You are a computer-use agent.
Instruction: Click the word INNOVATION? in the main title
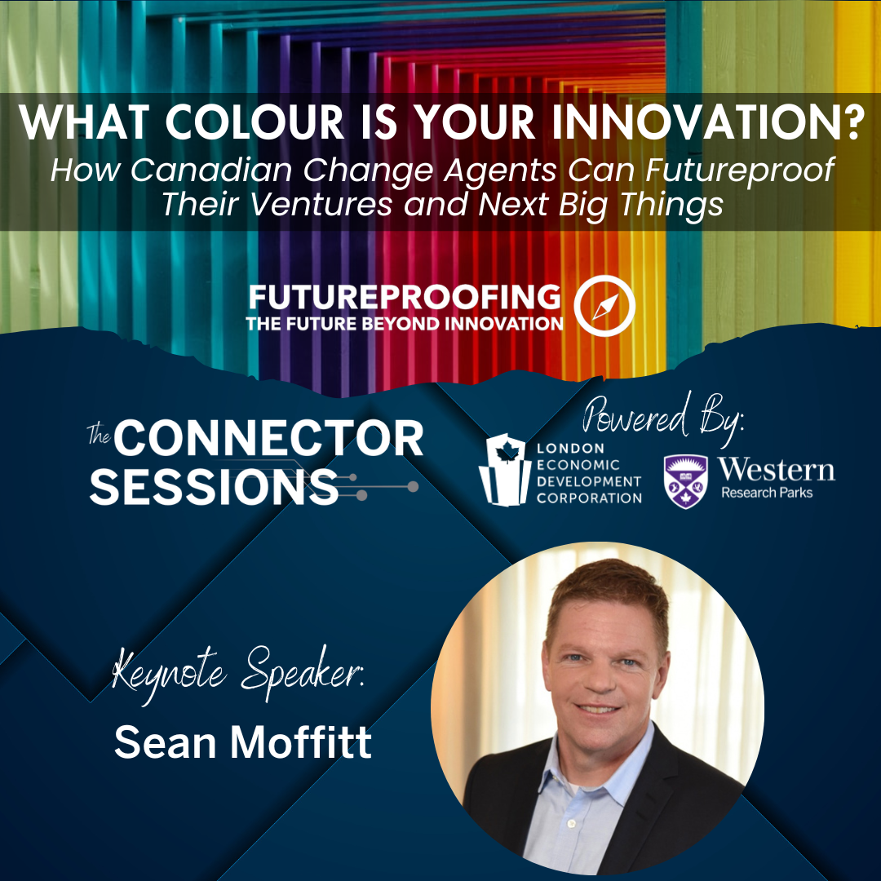(x=708, y=122)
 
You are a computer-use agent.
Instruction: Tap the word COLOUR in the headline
(x=254, y=122)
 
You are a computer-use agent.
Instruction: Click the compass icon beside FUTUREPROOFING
(x=604, y=306)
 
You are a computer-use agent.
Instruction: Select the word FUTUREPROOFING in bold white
(x=405, y=297)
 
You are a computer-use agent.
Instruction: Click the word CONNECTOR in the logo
(x=269, y=439)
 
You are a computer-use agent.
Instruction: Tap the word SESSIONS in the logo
(x=214, y=486)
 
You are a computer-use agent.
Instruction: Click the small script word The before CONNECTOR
(x=99, y=434)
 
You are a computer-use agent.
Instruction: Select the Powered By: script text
(x=663, y=418)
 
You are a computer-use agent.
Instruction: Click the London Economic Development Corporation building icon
(x=505, y=470)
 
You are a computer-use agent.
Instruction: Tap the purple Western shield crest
(x=685, y=481)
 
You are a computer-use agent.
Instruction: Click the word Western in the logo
(x=776, y=470)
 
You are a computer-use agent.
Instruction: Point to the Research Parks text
(x=767, y=493)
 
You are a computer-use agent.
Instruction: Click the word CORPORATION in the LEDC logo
(x=589, y=498)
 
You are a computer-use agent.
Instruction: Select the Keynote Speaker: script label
(x=238, y=673)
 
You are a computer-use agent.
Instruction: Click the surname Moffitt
(x=300, y=742)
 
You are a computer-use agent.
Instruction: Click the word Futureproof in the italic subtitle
(x=739, y=170)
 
